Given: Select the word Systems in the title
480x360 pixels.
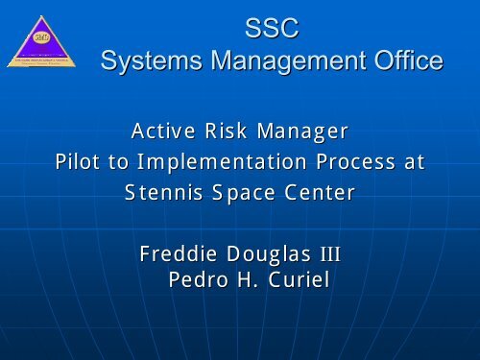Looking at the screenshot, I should pyautogui.click(x=152, y=62).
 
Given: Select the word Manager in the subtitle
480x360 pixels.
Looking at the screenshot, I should pyautogui.click(x=305, y=130).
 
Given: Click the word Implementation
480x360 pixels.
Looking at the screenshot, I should pyautogui.click(x=217, y=161).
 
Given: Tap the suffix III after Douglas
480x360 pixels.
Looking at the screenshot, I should pyautogui.click(x=328, y=255).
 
